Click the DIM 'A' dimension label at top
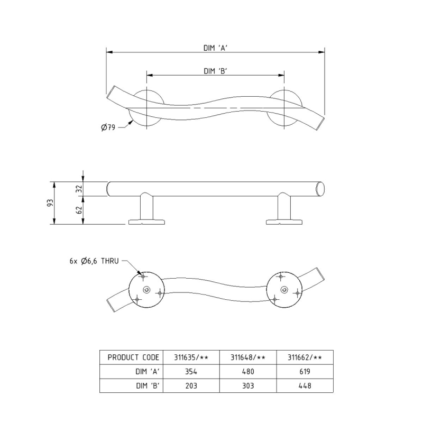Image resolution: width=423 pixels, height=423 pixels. tap(215, 47)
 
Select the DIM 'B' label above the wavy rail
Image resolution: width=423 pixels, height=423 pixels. tap(215, 71)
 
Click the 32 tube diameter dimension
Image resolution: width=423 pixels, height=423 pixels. tap(79, 188)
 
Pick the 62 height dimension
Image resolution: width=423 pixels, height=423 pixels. tap(79, 210)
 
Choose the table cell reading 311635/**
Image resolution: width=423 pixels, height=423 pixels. tap(191, 357)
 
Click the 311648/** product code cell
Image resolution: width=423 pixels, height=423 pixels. tap(247, 357)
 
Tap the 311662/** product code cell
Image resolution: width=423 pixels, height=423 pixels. tap(305, 357)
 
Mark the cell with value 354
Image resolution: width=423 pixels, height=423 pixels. tap(191, 372)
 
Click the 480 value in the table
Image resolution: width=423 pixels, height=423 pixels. tap(247, 372)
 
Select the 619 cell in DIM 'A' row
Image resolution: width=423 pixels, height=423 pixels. tap(305, 372)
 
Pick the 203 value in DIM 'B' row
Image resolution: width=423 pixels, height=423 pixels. tap(191, 386)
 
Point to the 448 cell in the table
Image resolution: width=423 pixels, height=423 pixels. tap(305, 386)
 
